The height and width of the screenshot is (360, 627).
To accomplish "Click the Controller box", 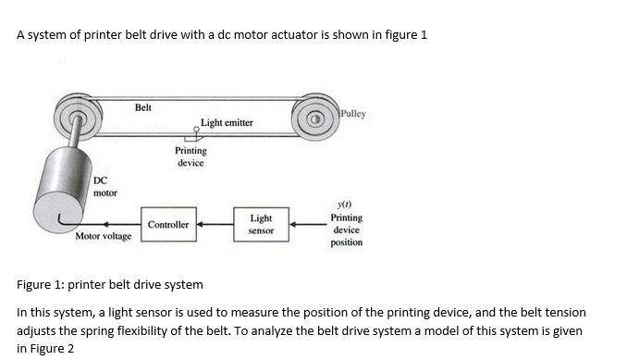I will [167, 225].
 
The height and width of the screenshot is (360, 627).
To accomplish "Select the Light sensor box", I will [261, 224].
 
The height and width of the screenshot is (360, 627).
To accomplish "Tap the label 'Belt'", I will [142, 108].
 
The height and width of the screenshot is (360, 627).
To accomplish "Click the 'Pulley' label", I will [352, 114].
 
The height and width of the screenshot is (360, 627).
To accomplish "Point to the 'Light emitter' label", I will [227, 122].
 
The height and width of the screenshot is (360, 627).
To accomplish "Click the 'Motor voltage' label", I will [103, 236].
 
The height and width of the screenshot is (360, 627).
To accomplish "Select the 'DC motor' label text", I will [104, 187].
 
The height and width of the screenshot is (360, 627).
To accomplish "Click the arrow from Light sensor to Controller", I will [214, 224].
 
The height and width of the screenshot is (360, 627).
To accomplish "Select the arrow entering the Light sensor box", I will [304, 224].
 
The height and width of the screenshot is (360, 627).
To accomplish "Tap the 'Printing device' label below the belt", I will [191, 156].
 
